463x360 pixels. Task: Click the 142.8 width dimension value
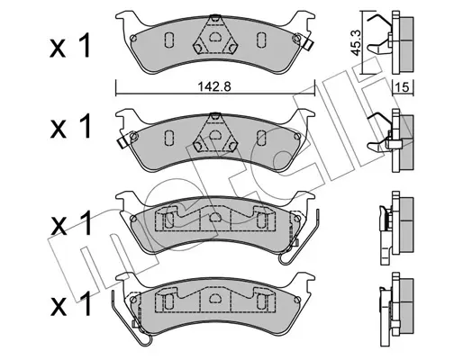213,86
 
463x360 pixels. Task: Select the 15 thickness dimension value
403,87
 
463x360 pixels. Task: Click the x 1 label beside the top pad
69,46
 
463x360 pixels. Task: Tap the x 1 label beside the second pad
69,126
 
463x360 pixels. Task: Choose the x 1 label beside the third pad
69,222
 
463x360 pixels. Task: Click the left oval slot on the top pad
168,40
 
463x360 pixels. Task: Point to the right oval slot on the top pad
261,40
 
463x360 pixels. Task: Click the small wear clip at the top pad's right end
307,44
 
